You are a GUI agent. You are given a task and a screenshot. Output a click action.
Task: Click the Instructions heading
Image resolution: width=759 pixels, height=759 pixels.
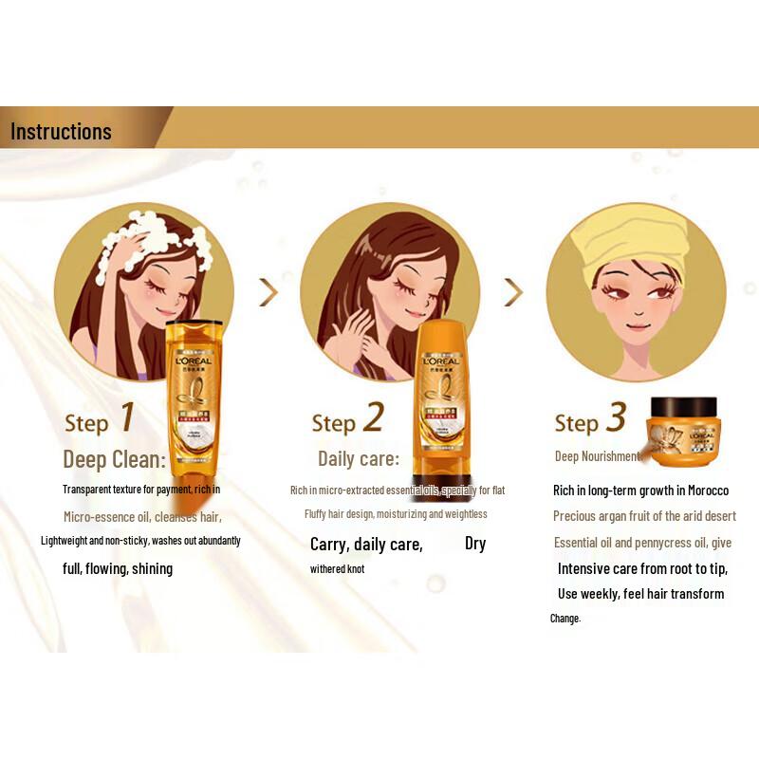pyautogui.click(x=61, y=131)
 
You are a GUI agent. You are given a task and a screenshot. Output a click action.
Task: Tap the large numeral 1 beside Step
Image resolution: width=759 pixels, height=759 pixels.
pyautogui.click(x=125, y=417)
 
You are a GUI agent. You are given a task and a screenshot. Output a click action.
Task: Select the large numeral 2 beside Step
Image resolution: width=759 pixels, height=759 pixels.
pyautogui.click(x=373, y=417)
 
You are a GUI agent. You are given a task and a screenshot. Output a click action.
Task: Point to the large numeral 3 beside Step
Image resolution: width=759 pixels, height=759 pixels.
pyautogui.click(x=617, y=417)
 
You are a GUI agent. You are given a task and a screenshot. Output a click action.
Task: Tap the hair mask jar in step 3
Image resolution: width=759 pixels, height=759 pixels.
pyautogui.click(x=682, y=433)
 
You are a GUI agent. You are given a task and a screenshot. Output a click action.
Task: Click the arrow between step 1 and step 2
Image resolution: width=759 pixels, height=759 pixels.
pyautogui.click(x=268, y=291)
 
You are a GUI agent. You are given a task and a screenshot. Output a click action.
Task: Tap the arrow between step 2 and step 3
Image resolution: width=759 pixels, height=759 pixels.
pyautogui.click(x=513, y=291)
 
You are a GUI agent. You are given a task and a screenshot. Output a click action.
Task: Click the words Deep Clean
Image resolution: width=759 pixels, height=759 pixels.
pyautogui.click(x=114, y=460)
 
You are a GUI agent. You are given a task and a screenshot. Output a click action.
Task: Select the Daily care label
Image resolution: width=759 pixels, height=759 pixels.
pyautogui.click(x=359, y=459)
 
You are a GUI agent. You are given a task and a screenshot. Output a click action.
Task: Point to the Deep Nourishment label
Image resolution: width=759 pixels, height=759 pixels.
pyautogui.click(x=598, y=456)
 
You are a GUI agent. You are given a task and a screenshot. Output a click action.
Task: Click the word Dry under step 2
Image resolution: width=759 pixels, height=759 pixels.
pyautogui.click(x=475, y=544)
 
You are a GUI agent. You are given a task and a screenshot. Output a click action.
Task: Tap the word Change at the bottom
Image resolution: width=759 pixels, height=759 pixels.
pyautogui.click(x=565, y=619)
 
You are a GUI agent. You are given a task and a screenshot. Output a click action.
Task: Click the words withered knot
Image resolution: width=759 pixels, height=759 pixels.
pyautogui.click(x=337, y=569)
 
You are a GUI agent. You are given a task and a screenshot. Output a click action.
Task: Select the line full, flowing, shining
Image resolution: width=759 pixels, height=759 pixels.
pyautogui.click(x=118, y=569)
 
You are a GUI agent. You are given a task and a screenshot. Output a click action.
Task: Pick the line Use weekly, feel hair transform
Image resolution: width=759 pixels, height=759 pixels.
pyautogui.click(x=640, y=594)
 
